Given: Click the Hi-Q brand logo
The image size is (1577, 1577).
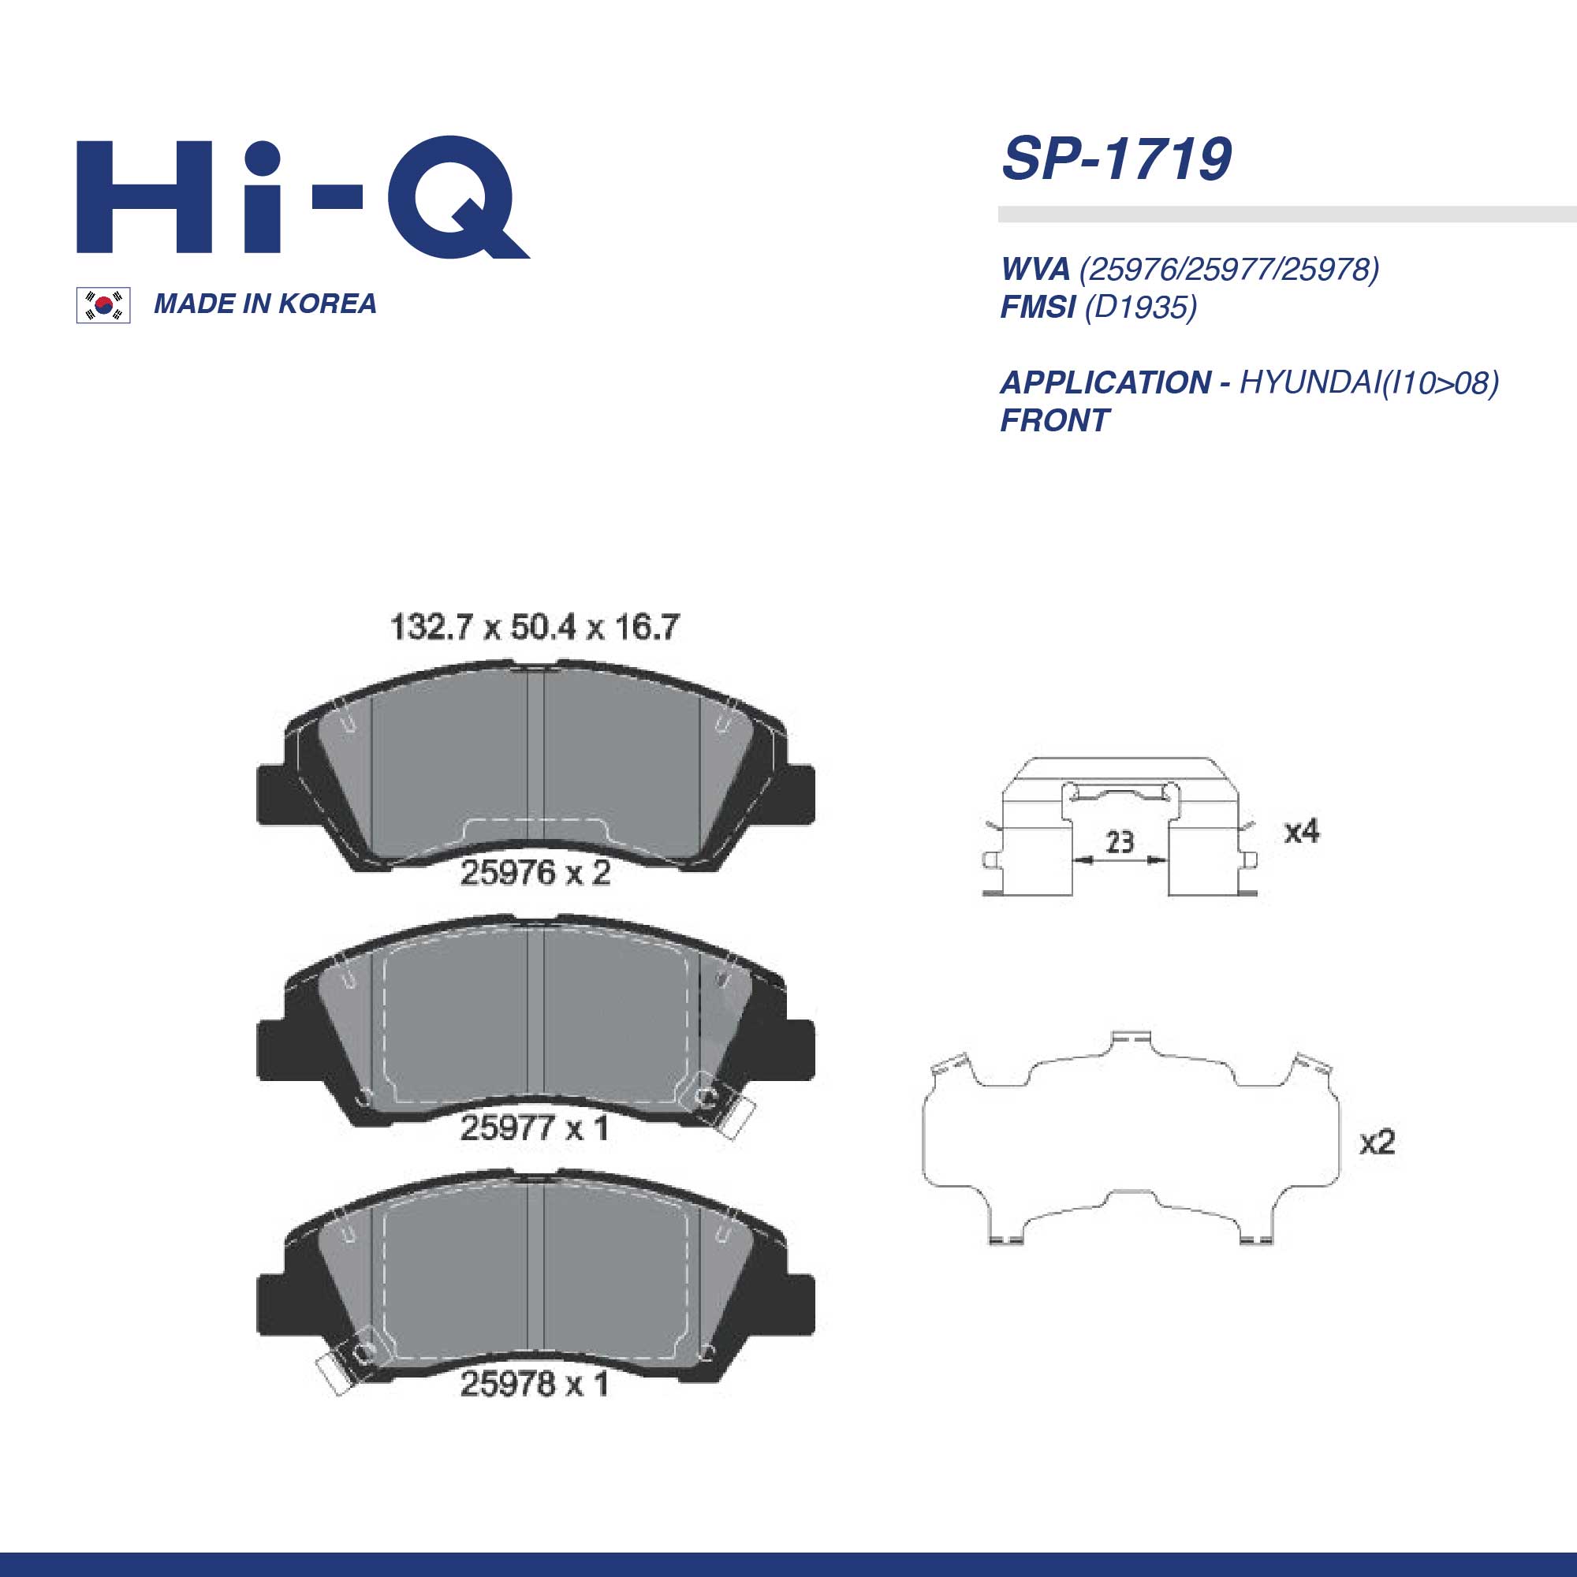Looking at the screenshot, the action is coord(303,196).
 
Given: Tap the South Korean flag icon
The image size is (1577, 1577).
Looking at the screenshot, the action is coord(103,305).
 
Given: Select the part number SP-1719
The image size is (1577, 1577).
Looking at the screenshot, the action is coord(1116,159).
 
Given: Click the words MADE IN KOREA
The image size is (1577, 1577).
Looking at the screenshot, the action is coord(265,304).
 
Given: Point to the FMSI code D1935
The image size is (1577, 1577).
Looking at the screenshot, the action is coord(1140,307).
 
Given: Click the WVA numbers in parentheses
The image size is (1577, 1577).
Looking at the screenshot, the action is coord(1229,269).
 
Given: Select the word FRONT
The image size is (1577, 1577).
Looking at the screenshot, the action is coord(1054,421).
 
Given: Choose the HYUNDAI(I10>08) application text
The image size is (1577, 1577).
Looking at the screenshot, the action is coord(1369,383).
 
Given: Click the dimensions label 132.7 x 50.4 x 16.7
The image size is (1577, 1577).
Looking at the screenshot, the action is coord(535,627).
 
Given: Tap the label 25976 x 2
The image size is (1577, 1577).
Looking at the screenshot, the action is coord(535,874).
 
